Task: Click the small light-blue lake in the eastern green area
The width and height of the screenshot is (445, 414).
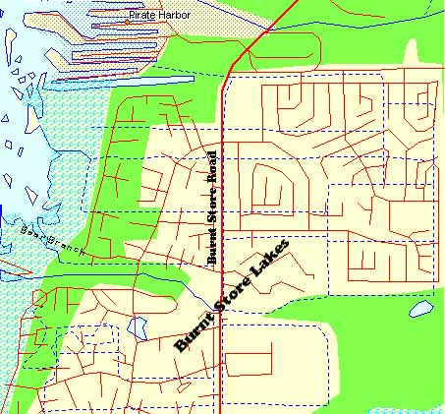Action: coord(420,310)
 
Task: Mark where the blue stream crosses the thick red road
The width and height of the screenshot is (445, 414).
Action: coord(228,70)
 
